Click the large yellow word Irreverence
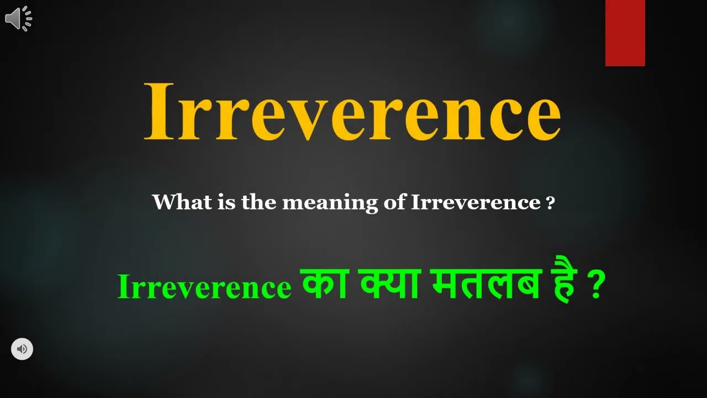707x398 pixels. click(352, 112)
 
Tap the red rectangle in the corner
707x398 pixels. click(625, 33)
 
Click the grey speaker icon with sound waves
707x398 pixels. click(18, 18)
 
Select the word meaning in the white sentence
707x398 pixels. click(330, 202)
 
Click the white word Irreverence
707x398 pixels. click(476, 202)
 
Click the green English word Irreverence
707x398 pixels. click(204, 287)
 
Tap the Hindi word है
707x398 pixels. click(562, 285)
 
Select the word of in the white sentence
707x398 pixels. click(394, 202)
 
